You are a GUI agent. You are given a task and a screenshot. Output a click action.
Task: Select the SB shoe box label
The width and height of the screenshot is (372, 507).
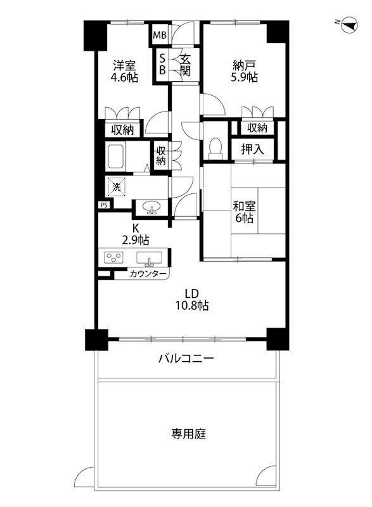(162, 64)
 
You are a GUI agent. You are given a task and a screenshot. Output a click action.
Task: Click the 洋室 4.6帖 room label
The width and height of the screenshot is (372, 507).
(124, 71)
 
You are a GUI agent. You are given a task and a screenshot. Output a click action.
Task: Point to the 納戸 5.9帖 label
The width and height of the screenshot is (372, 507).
(245, 71)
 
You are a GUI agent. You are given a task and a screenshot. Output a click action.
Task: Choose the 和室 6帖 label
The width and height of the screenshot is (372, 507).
(243, 212)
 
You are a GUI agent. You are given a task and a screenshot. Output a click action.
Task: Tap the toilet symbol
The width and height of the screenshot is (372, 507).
(215, 148)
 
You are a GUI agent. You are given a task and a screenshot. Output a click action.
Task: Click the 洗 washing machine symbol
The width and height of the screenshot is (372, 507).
(116, 187)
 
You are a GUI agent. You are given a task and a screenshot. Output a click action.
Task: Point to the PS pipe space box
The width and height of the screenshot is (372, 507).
(103, 205)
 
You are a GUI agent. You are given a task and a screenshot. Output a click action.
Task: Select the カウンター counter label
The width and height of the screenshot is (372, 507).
(148, 274)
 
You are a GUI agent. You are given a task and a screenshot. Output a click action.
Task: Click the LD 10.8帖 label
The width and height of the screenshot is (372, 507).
(193, 299)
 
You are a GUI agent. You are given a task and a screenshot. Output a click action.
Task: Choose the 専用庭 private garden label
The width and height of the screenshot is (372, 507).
(188, 434)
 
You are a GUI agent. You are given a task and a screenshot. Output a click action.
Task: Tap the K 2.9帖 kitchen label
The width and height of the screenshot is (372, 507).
(136, 234)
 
